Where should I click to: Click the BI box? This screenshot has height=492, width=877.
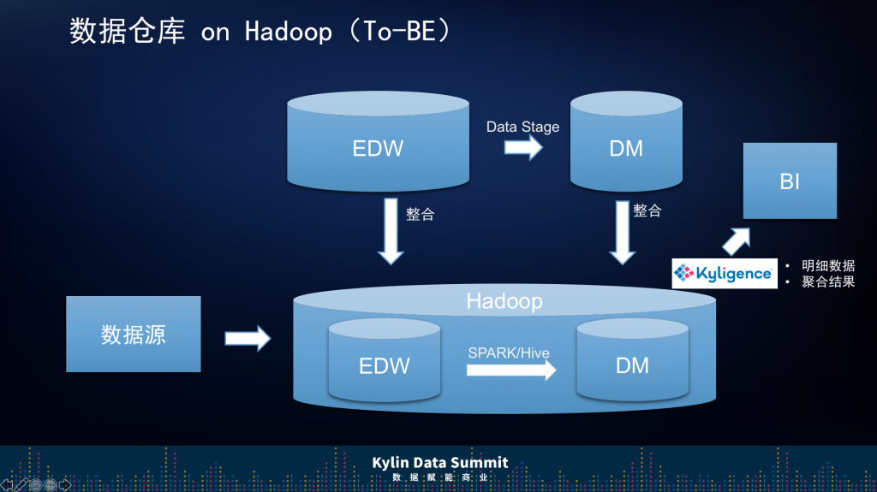789,181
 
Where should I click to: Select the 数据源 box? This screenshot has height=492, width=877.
134,334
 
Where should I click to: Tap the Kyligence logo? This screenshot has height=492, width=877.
724,274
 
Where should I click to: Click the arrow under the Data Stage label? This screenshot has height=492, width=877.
522,148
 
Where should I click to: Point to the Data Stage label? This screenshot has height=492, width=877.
522,127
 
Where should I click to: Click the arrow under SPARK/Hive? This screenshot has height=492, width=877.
511,370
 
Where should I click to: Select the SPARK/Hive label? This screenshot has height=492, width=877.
509,353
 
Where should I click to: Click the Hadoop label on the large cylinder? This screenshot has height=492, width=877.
504,301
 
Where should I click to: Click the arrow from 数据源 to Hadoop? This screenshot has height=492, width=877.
248,339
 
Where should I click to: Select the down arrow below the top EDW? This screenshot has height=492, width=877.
391,231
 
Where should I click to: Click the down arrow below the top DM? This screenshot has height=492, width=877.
622,231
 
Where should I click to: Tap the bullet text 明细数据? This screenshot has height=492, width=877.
828,266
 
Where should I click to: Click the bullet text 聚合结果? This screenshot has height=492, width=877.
828,282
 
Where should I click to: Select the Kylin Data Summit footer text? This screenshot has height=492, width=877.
439,463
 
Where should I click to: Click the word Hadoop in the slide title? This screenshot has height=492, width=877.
288,33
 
